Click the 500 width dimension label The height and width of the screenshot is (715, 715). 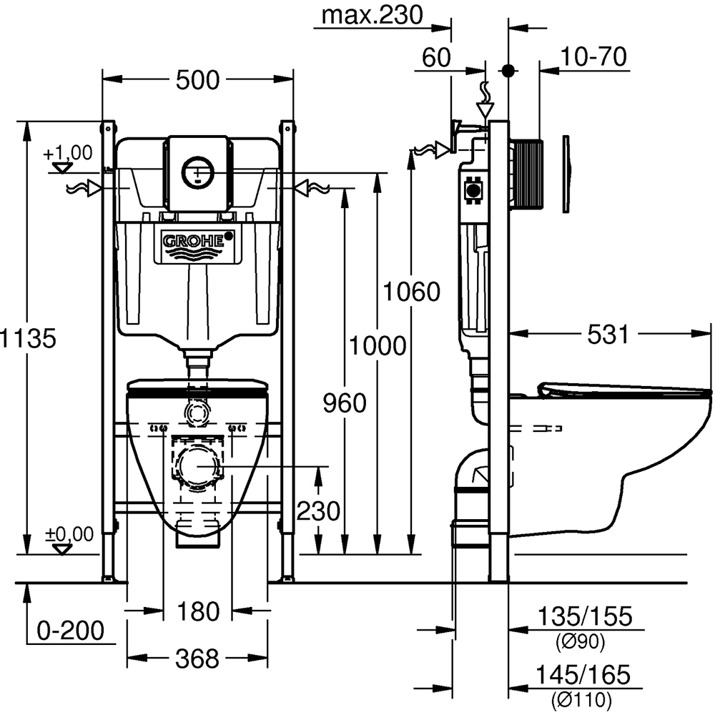pyautogui.click(x=197, y=81)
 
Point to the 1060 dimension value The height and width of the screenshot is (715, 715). pyautogui.click(x=410, y=292)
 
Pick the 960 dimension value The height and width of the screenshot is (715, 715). pyautogui.click(x=344, y=403)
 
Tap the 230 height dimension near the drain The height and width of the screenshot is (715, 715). pyautogui.click(x=318, y=511)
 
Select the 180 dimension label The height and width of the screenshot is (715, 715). pyautogui.click(x=198, y=611)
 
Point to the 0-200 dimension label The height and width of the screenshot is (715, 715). pyautogui.click(x=71, y=631)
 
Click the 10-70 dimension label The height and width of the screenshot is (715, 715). pyautogui.click(x=594, y=56)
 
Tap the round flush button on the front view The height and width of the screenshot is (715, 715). pyautogui.click(x=197, y=171)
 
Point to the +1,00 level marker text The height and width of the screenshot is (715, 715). pyautogui.click(x=67, y=152)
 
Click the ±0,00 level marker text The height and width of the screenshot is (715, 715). pyautogui.click(x=69, y=533)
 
